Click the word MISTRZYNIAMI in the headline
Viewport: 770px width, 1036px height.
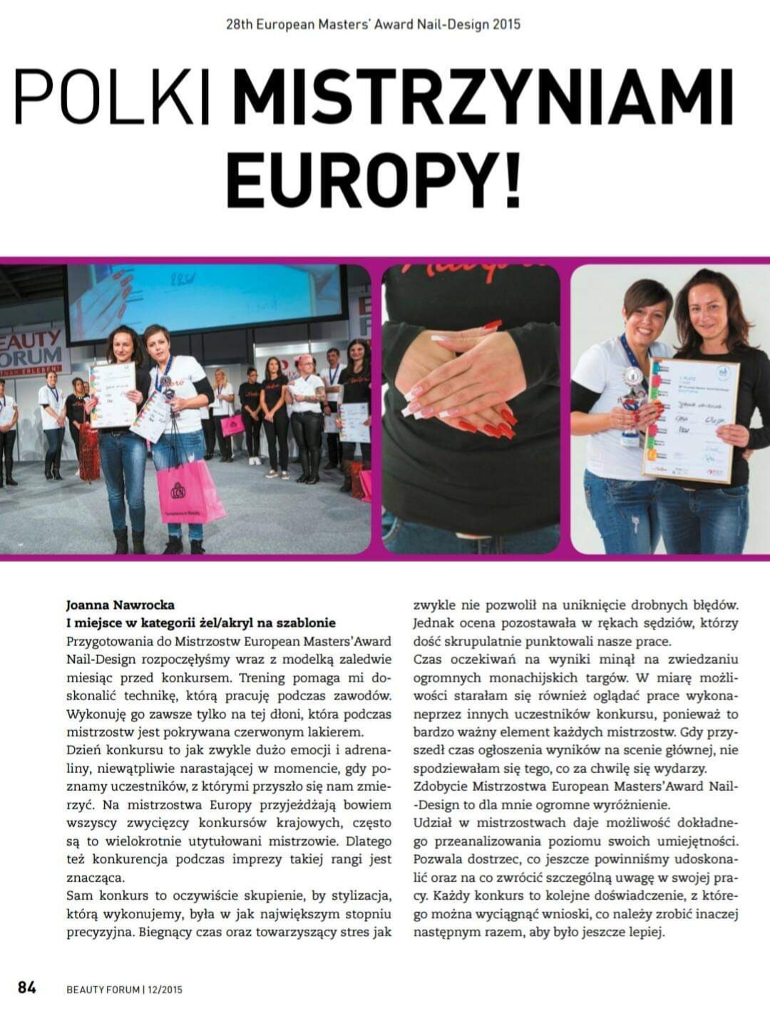tap(483, 96)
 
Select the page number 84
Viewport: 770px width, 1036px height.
tap(27, 988)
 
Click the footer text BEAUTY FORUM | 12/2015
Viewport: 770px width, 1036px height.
tap(124, 989)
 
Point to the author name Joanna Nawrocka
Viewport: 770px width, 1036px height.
tap(120, 605)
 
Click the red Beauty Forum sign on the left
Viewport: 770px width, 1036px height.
tap(32, 350)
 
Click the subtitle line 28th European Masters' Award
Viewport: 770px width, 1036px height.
tap(373, 24)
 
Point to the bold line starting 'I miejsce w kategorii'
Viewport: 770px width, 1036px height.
tap(200, 622)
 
